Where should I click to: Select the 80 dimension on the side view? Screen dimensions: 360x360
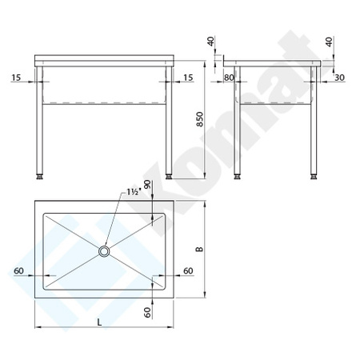pos(229,78)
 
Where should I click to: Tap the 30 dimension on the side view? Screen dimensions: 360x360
pos(339,78)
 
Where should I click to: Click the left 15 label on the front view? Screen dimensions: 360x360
pos(17,78)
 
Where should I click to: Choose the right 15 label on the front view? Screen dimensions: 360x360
pos(188,78)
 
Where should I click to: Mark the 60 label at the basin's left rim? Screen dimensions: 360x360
pos(18,271)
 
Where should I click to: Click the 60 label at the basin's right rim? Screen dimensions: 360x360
pos(188,271)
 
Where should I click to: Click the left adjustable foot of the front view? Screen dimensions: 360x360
pos(38,174)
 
